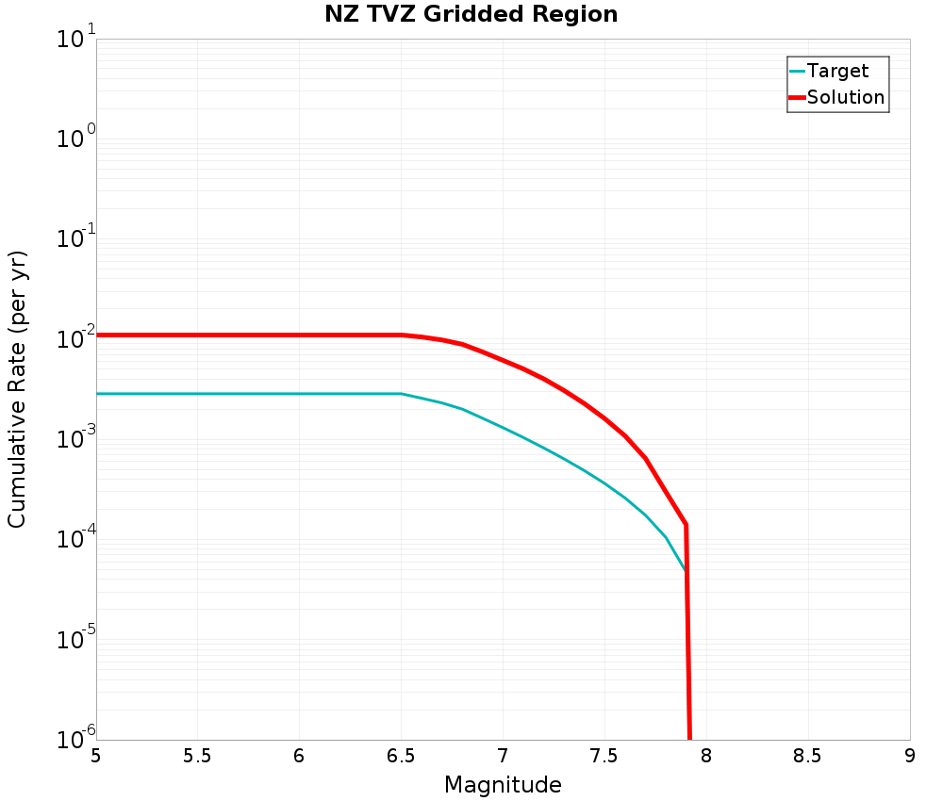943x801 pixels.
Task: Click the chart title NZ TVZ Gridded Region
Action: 471,15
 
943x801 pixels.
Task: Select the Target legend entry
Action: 837,71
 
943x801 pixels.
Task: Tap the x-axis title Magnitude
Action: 503,785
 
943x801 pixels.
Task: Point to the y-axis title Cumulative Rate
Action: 17,389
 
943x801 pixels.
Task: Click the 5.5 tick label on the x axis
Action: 197,756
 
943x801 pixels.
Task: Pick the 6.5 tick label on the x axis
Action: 401,756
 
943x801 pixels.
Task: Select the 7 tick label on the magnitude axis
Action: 503,756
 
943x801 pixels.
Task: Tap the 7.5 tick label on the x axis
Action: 604,756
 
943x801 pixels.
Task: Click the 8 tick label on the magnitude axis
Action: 705,756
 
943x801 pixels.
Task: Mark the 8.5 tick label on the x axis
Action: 807,756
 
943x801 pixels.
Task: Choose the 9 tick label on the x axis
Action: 909,756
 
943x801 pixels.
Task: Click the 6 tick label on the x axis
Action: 299,756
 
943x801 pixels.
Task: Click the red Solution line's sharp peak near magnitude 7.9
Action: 686,524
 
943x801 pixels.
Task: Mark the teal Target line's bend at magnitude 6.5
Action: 402,394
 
